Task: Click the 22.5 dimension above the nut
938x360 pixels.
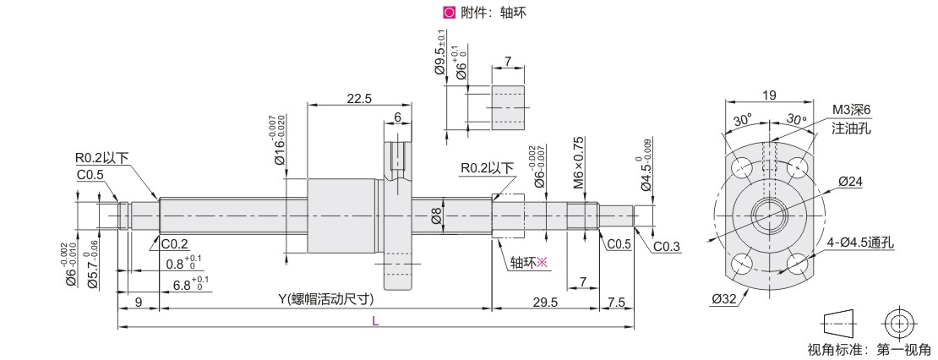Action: [x=358, y=99]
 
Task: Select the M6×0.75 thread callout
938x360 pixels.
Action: [x=578, y=162]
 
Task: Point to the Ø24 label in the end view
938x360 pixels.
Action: [x=850, y=181]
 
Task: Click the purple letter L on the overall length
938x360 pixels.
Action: [x=375, y=321]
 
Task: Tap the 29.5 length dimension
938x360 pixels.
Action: [x=545, y=303]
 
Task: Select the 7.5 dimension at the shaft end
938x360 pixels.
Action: [x=615, y=303]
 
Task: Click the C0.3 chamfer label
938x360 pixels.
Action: [x=667, y=247]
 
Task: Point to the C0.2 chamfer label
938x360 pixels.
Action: [x=174, y=243]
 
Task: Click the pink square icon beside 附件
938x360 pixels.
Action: [x=448, y=12]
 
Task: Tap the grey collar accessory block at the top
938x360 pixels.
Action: [x=508, y=107]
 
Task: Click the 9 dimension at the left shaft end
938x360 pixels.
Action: [x=139, y=303]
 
